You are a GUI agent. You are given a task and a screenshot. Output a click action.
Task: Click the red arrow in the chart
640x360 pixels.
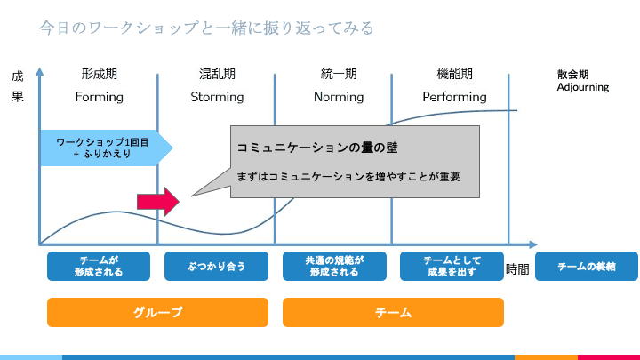click(157, 202)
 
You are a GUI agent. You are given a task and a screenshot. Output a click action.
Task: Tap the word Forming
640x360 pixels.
click(99, 97)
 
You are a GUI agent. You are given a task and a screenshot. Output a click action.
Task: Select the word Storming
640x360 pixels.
click(217, 97)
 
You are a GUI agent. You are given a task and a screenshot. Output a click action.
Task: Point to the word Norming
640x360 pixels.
click(339, 97)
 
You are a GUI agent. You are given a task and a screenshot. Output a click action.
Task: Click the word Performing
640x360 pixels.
click(454, 97)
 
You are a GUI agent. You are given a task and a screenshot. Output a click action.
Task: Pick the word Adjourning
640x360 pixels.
click(582, 87)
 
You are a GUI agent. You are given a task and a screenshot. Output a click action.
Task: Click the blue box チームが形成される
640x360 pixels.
click(99, 266)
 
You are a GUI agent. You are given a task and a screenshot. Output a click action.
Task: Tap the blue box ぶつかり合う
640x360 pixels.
click(217, 266)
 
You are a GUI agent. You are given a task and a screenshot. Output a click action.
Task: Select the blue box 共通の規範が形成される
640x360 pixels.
click(334, 266)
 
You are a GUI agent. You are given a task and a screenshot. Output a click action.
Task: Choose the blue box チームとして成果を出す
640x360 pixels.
click(452, 266)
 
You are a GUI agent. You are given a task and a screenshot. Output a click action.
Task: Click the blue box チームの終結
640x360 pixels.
click(586, 267)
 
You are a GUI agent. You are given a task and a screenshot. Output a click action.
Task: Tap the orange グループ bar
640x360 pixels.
click(157, 312)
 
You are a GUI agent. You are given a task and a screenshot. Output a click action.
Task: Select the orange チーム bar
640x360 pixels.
click(393, 312)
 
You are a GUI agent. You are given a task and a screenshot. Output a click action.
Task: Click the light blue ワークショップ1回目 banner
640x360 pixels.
click(105, 148)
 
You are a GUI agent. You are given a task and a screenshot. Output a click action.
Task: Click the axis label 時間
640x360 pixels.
click(517, 269)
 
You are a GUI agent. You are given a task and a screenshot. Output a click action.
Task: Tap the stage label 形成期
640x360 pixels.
click(99, 74)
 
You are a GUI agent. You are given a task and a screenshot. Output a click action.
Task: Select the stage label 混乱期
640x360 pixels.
click(217, 74)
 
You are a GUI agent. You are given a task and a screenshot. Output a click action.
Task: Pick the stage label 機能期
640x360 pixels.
click(454, 74)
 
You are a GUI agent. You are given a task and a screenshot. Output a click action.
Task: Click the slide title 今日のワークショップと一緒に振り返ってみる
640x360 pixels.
click(206, 28)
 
